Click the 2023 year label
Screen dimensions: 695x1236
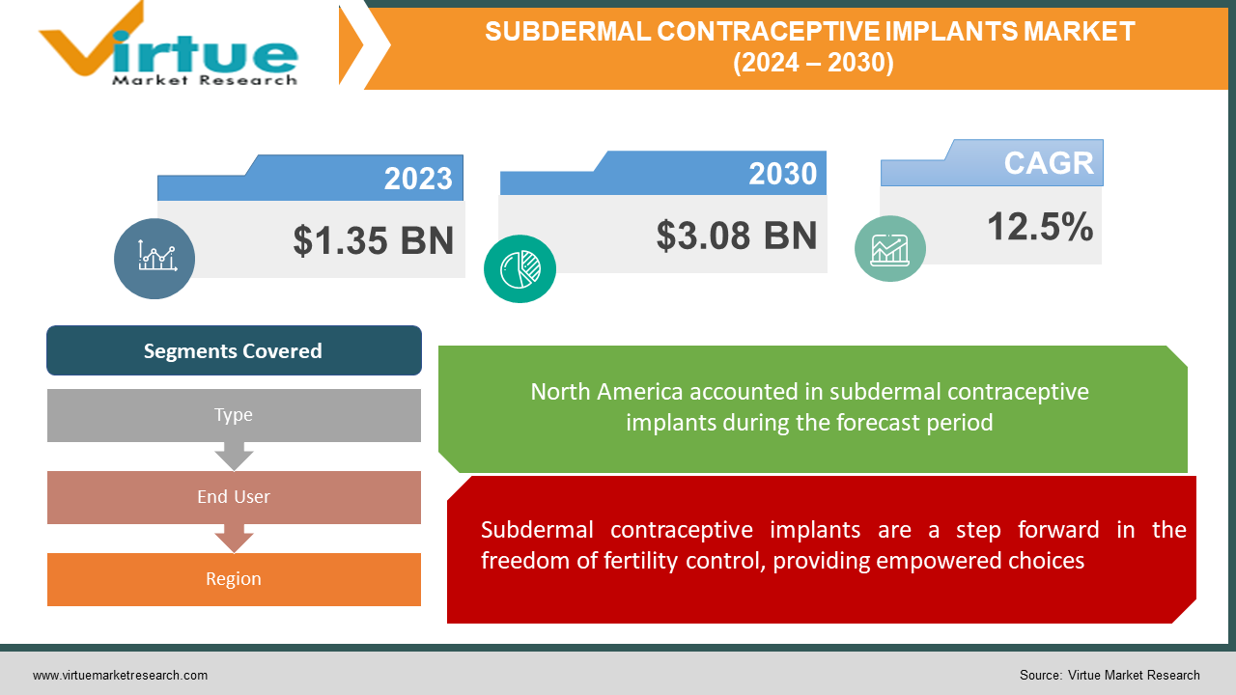(418, 179)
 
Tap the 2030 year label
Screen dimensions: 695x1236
(782, 174)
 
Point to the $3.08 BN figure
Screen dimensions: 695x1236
(737, 236)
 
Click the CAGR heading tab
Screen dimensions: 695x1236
(1049, 163)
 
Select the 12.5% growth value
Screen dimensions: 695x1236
(1040, 228)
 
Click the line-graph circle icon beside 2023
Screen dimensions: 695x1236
(154, 258)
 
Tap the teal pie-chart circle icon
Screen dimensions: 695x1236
(520, 268)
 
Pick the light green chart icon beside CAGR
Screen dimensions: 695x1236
(889, 248)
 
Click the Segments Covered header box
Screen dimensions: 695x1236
(234, 350)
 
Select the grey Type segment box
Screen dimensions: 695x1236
(234, 415)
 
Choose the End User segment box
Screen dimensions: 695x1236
(234, 497)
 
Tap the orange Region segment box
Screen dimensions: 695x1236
(234, 579)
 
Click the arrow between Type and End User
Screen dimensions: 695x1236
(234, 456)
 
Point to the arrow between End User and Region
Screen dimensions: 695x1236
(234, 538)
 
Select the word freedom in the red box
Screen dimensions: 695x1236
(522, 561)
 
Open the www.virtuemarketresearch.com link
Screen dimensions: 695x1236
(120, 676)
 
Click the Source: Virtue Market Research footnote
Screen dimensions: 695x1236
(1110, 676)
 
